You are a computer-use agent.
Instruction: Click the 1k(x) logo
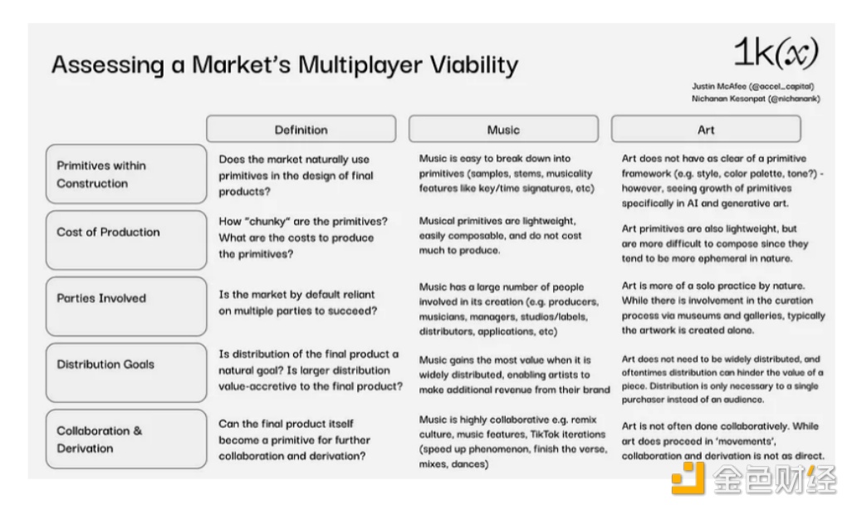(x=776, y=54)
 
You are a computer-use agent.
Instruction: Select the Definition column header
(x=301, y=129)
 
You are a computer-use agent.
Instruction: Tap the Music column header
(x=503, y=129)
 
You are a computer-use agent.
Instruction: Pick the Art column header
(x=706, y=129)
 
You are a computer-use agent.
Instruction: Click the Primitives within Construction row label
(x=126, y=174)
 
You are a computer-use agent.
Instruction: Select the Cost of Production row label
(x=126, y=240)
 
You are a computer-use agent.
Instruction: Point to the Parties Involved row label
(x=126, y=306)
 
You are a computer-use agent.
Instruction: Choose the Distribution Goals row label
(x=126, y=373)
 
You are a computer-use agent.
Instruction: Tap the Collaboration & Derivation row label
(x=126, y=439)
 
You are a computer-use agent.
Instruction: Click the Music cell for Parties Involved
(x=509, y=309)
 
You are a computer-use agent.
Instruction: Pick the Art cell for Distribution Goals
(x=722, y=379)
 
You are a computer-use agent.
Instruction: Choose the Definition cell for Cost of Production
(x=303, y=238)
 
